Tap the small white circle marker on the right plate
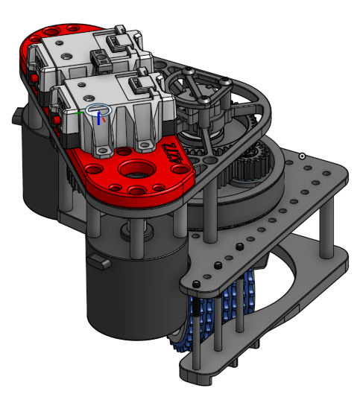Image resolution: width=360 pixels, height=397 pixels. click(x=302, y=156)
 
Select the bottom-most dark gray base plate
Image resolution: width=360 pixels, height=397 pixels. click(x=224, y=365)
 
